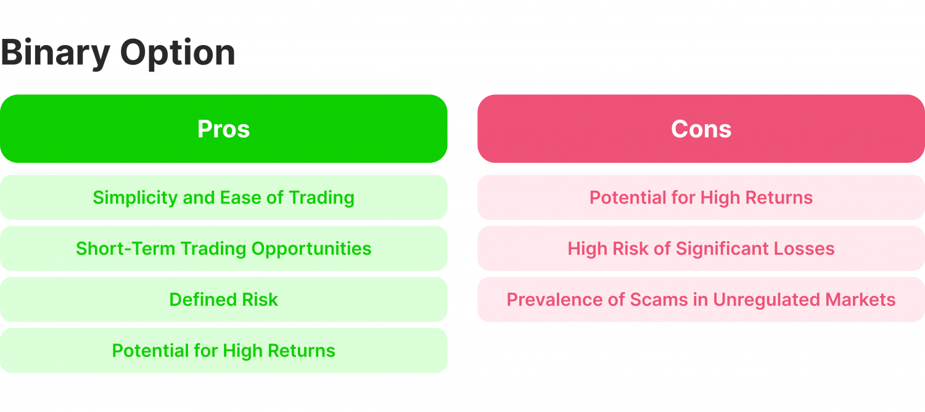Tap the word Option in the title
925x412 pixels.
(x=178, y=54)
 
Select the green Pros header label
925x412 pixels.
(x=223, y=129)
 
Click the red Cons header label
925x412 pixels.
(x=701, y=129)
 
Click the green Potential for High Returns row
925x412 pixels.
(x=223, y=351)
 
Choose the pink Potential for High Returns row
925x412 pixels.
(x=701, y=198)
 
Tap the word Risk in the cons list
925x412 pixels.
(x=634, y=249)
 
